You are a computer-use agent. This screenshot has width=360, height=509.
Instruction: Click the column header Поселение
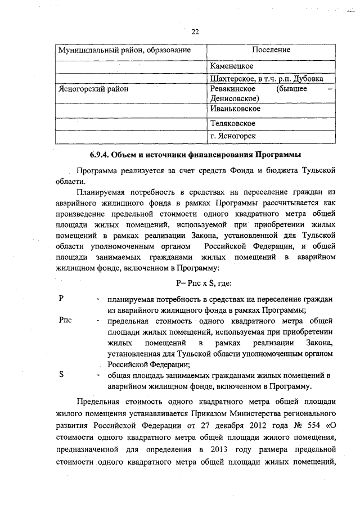pos(271,50)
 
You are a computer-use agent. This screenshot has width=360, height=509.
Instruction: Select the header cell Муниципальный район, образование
pos(121,51)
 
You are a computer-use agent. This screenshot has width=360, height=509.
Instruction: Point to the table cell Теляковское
pos(232,123)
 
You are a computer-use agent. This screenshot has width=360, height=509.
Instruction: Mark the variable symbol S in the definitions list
pos(61,374)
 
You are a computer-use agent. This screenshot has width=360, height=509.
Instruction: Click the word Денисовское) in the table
pos(233,98)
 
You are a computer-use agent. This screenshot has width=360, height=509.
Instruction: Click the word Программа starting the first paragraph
pos(96,170)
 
